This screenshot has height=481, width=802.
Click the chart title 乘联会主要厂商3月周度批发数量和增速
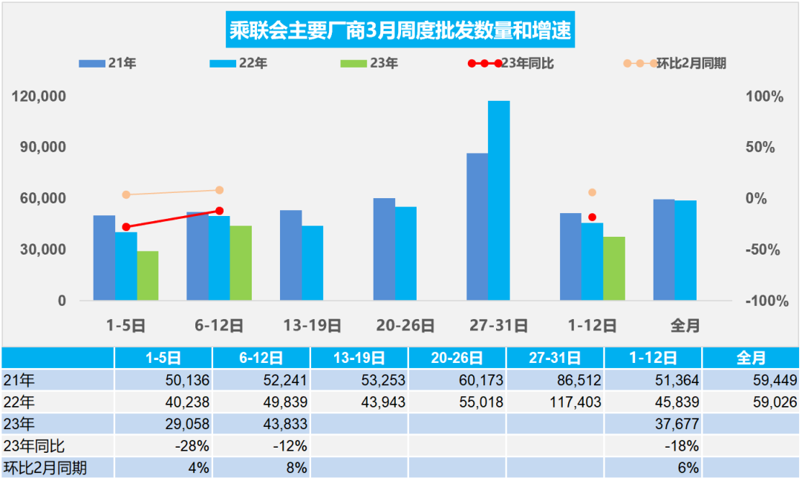[401, 32]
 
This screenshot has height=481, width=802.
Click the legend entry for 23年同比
[506, 63]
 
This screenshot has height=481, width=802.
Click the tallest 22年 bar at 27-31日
[498, 200]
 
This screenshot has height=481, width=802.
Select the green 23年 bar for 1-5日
[148, 275]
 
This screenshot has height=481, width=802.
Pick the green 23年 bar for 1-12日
[613, 268]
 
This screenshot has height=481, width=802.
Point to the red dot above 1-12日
[592, 217]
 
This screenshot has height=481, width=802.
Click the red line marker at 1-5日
[126, 227]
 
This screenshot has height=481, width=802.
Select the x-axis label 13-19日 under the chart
[312, 325]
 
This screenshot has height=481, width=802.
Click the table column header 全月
[750, 358]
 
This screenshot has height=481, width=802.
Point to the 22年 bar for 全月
[685, 250]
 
